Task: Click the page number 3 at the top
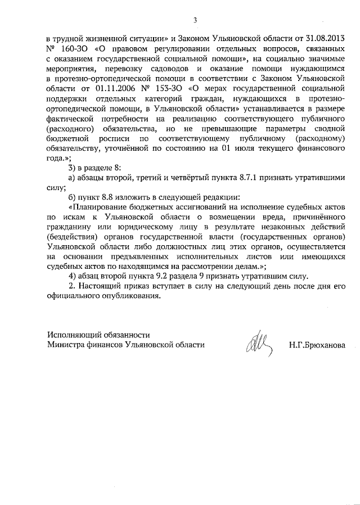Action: (195, 20)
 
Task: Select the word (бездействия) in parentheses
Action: (74, 238)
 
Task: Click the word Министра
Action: (66, 345)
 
